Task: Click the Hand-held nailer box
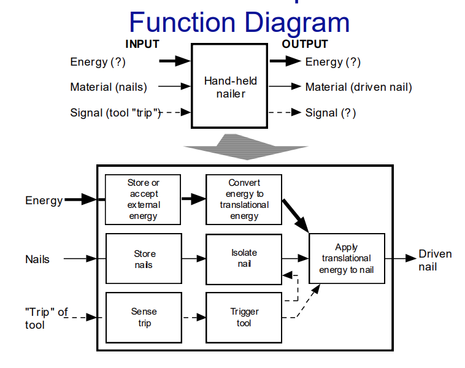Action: (x=230, y=86)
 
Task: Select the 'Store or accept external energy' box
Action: (x=143, y=199)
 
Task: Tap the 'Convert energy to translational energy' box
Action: (x=244, y=199)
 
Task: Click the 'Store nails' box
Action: (x=144, y=259)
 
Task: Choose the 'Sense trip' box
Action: (x=144, y=317)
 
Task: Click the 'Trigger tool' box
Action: (x=244, y=317)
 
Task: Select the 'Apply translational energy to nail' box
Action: (x=347, y=258)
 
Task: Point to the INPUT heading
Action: (x=142, y=44)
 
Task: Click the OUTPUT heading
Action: (x=305, y=44)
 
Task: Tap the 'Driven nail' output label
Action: (x=435, y=260)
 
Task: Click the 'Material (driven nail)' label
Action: (x=358, y=87)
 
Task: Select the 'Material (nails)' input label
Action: (x=109, y=87)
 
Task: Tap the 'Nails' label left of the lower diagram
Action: (x=37, y=259)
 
